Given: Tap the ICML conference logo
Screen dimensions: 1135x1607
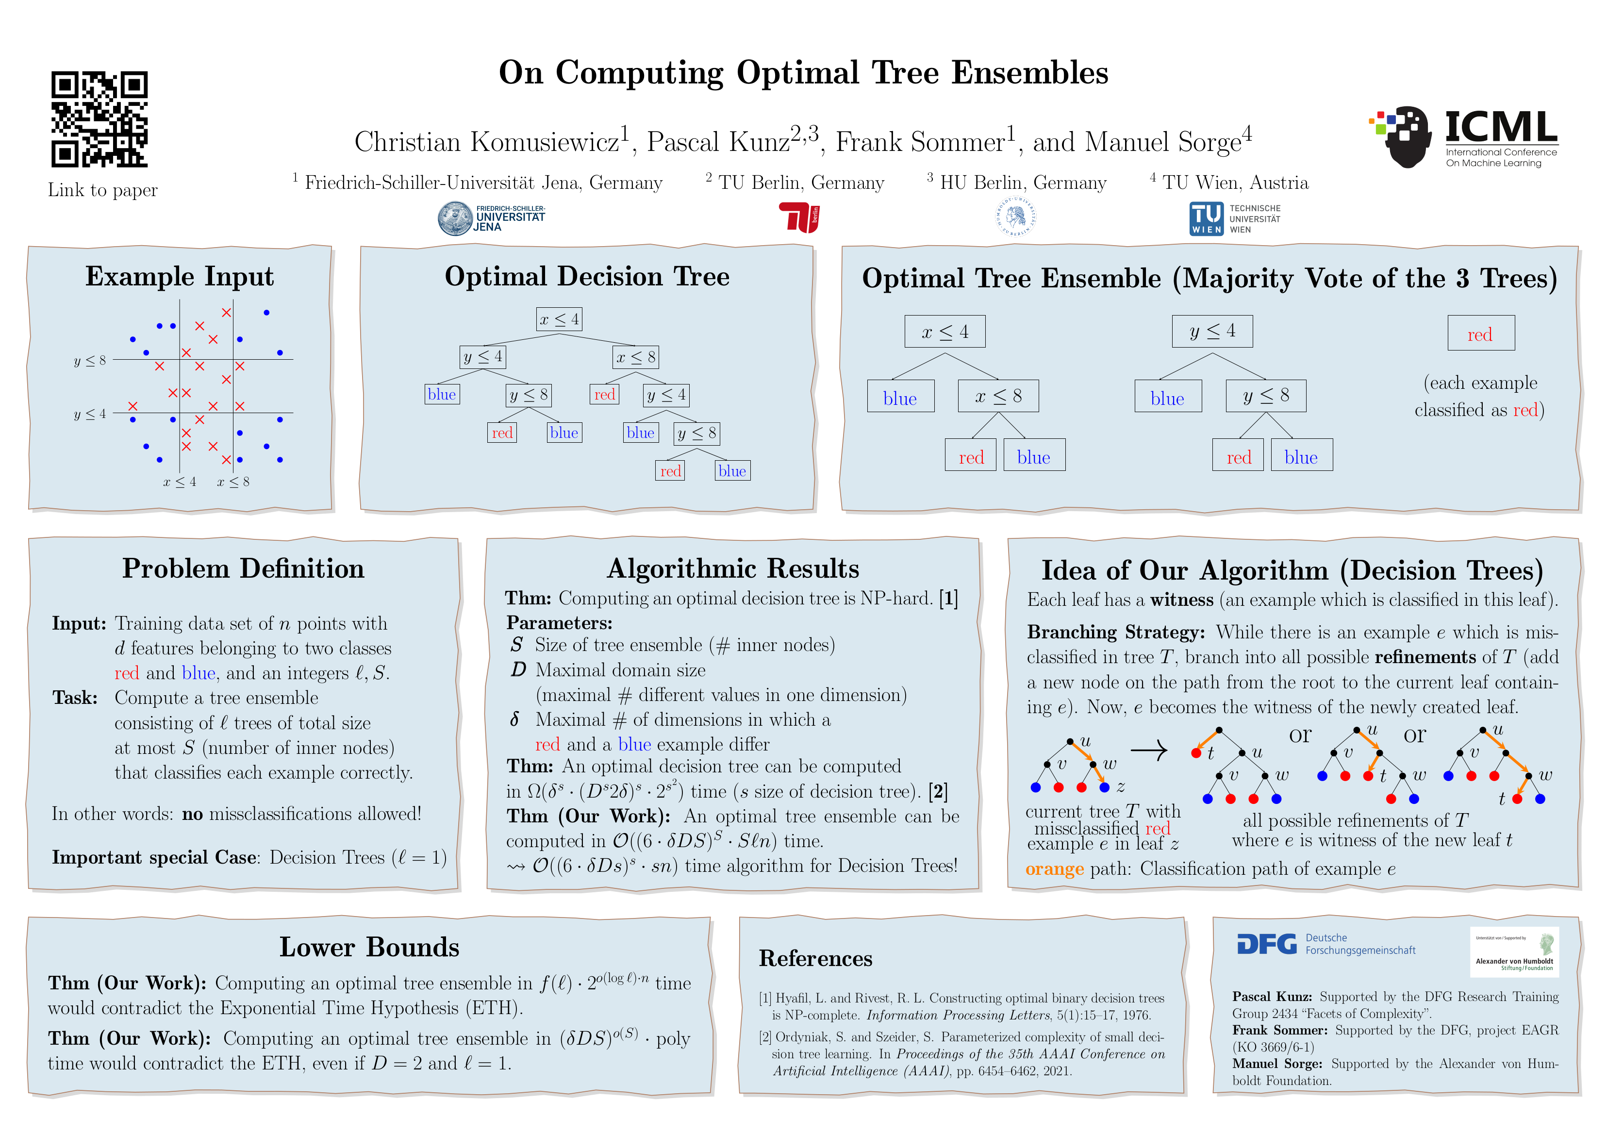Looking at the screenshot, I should tap(1463, 138).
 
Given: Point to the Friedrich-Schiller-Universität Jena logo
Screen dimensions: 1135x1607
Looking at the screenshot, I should tap(491, 218).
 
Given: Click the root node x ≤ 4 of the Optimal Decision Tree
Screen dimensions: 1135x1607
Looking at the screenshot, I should tap(559, 319).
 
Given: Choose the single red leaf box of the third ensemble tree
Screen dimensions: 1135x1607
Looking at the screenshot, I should tap(1480, 334).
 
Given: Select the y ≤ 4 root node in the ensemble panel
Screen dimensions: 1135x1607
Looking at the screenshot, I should tap(1212, 331).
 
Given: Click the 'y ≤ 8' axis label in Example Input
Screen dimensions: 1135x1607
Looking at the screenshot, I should tap(90, 361).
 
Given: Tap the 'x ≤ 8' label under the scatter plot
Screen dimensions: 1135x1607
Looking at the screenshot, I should tap(233, 482).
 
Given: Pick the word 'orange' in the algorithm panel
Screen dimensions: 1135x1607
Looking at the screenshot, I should tap(1054, 869).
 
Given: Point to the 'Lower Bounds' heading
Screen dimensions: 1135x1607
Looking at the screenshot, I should tap(369, 947).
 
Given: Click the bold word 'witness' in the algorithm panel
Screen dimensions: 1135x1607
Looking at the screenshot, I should tap(1181, 600).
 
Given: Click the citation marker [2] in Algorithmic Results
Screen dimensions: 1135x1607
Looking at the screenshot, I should tap(938, 792).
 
